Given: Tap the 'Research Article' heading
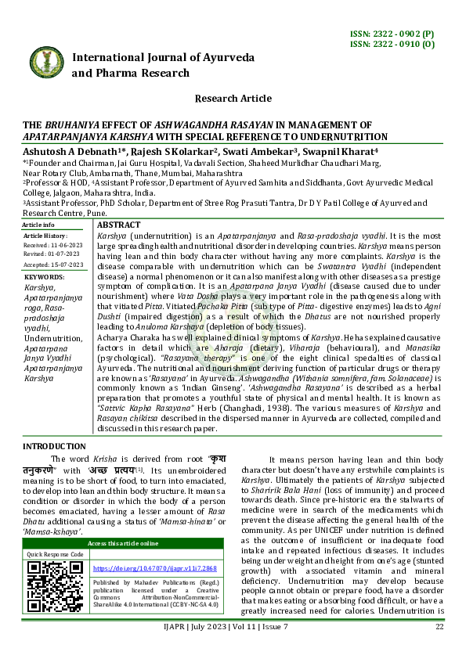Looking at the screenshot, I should tap(233, 99).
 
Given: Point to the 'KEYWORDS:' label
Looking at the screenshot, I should tap(45, 277).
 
